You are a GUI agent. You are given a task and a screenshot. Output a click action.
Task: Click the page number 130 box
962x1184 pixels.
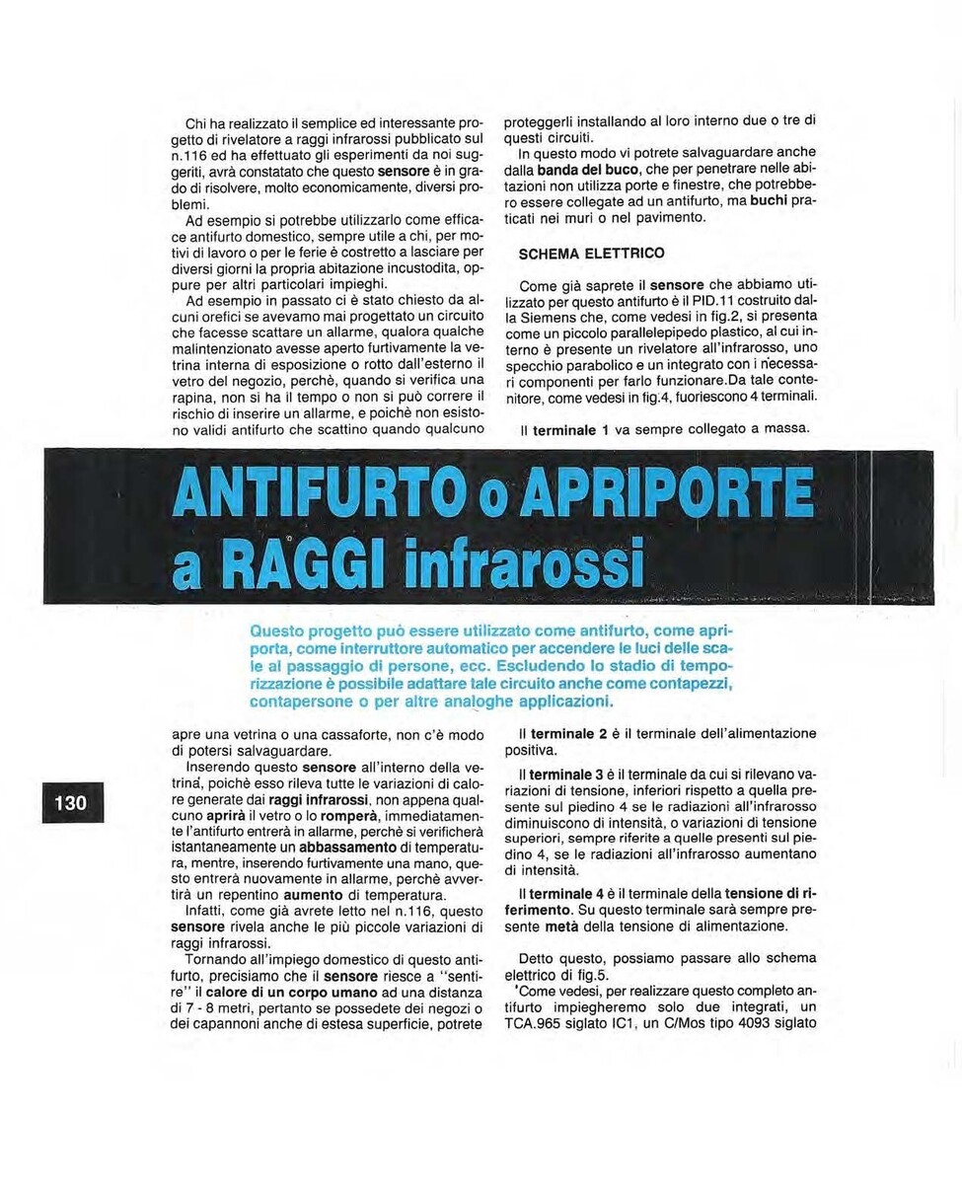tap(70, 802)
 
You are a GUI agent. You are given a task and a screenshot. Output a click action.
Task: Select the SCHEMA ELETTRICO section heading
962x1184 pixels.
tap(592, 254)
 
